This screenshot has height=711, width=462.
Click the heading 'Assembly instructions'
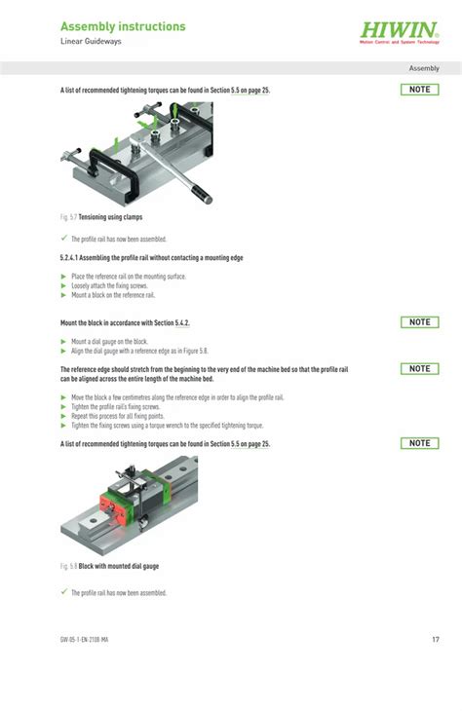pyautogui.click(x=123, y=27)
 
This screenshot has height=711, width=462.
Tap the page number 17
pyautogui.click(x=436, y=640)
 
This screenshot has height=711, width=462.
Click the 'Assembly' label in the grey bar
pyautogui.click(x=424, y=68)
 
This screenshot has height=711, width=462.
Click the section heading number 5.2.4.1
pyautogui.click(x=75, y=258)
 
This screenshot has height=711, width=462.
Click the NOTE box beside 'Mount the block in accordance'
pyautogui.click(x=419, y=322)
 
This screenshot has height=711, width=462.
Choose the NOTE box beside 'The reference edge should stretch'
pyautogui.click(x=419, y=369)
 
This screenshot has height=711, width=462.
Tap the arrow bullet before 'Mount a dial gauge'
pyautogui.click(x=63, y=342)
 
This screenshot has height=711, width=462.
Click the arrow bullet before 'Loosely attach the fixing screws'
pyautogui.click(x=63, y=285)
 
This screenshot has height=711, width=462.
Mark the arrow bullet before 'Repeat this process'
pyautogui.click(x=63, y=416)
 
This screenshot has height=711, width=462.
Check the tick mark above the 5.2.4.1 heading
pyautogui.click(x=63, y=239)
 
